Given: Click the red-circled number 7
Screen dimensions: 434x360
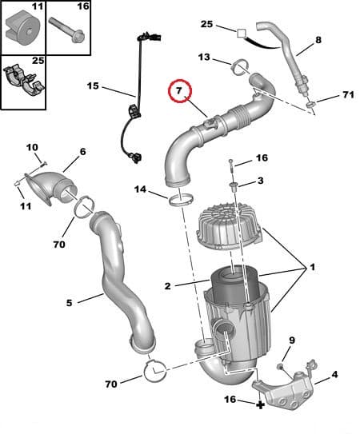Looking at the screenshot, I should pos(180,93).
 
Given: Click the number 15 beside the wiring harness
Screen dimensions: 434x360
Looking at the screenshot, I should pos(94,86).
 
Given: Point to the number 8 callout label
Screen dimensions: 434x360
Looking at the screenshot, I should pos(318,39).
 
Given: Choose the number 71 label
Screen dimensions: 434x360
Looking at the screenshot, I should pos(347,95).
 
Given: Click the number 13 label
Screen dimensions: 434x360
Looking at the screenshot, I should pos(204,58).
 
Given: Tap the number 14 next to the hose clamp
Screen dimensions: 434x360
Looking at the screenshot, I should pos(141,190).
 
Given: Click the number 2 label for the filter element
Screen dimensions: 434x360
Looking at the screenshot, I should pos(167,285).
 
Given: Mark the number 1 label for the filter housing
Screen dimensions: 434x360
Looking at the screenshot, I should pos(312,268).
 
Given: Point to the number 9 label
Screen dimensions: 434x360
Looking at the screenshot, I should pos(291,340).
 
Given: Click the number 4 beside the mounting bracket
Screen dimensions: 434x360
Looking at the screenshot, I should pos(334,373).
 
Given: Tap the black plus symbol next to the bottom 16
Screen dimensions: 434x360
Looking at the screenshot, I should pos(260,405).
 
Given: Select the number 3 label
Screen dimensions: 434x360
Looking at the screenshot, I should pos(260,182).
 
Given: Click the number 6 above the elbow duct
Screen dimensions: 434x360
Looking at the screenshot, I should pos(82,152).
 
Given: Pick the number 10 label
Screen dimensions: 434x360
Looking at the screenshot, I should pos(32,148).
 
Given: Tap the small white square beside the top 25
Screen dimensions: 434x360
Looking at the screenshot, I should pos(240,33).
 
